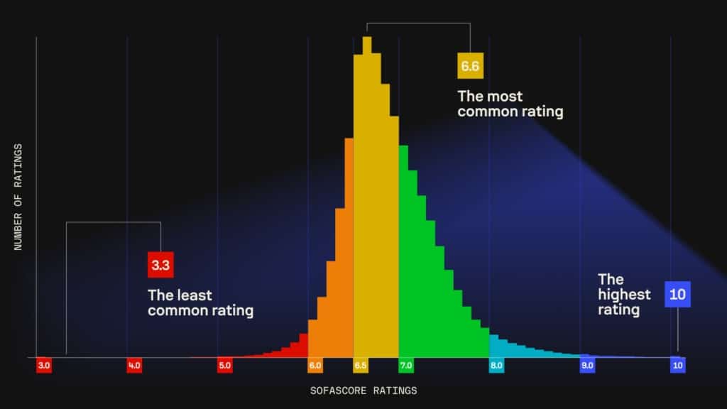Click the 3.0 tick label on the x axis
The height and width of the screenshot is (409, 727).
[x=44, y=366]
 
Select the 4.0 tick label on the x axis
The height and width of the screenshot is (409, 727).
[x=134, y=366]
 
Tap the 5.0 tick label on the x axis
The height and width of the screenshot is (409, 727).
[x=225, y=366]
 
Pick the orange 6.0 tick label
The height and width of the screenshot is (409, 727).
[x=315, y=366]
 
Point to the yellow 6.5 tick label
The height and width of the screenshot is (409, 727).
[x=361, y=366]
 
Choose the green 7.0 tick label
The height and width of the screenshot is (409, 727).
[x=406, y=366]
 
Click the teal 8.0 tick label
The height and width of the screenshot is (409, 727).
[x=496, y=366]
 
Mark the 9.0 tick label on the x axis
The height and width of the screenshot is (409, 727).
[x=587, y=366]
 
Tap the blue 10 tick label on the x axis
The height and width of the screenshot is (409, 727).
[x=678, y=366]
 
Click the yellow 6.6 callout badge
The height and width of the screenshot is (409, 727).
[x=470, y=67]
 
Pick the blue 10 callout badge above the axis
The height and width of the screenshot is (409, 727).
[x=677, y=294]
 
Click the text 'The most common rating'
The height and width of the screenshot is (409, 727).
[x=510, y=104]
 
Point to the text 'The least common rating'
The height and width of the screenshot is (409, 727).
[x=200, y=303]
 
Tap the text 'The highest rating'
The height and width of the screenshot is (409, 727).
[x=624, y=294]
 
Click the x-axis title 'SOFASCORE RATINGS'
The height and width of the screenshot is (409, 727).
[x=363, y=391]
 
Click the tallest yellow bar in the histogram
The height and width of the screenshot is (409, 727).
[x=367, y=199]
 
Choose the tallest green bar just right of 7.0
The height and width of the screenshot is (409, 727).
[x=403, y=252]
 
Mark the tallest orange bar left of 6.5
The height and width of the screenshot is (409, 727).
[x=349, y=249]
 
